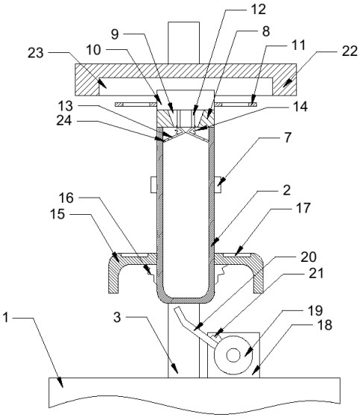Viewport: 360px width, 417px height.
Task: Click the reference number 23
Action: click(35, 53)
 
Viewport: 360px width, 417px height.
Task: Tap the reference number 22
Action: click(350, 51)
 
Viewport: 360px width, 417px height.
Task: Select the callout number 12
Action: click(258, 9)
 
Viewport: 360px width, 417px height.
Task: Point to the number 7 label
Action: click(288, 137)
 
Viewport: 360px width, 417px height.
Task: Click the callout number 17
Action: click(303, 208)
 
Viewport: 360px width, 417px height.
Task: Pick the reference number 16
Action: click(66, 198)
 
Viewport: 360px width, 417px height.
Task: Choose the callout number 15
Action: click(57, 214)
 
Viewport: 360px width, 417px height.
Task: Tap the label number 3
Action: click(117, 317)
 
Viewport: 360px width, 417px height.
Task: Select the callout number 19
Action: click(315, 310)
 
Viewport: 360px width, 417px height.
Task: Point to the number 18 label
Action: click(325, 325)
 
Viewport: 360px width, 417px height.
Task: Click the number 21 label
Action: click(315, 273)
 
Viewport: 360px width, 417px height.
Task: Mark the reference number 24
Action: click(64, 121)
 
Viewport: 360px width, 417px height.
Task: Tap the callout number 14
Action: click(300, 107)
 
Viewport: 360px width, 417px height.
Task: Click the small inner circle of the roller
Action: click(233, 355)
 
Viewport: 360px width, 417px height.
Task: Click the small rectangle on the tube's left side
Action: click(154, 184)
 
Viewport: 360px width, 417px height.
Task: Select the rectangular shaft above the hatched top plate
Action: click(183, 43)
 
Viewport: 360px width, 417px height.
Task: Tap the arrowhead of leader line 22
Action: click(286, 84)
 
